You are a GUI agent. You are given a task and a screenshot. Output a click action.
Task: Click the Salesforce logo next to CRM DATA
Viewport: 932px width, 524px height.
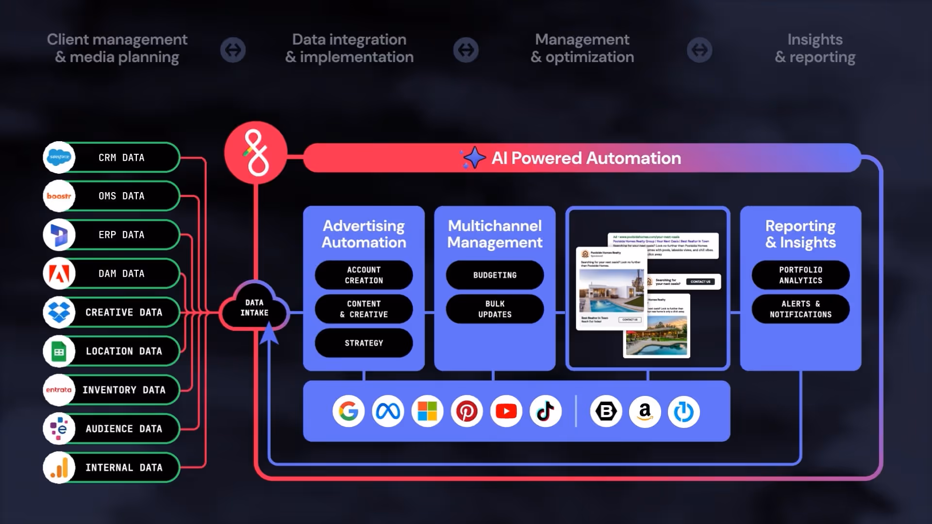(59, 157)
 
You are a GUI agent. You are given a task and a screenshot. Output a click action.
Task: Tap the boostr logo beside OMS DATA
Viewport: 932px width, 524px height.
(59, 196)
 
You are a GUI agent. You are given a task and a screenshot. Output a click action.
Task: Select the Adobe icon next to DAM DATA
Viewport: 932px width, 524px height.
(59, 274)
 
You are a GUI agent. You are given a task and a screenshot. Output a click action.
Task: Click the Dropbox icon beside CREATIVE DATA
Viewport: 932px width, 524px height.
(59, 312)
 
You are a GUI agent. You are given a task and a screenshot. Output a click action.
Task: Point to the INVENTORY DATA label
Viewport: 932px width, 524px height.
(124, 390)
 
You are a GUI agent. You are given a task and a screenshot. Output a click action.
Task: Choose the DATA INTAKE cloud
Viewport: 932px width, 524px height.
(254, 308)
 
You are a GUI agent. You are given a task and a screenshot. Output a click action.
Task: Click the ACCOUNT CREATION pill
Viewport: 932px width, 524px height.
(364, 275)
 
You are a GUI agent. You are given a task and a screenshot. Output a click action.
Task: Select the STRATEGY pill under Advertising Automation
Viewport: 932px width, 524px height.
(364, 343)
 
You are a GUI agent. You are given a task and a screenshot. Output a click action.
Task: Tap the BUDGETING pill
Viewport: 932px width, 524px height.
(495, 275)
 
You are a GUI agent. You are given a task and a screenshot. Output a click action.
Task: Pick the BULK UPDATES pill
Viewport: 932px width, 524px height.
(495, 309)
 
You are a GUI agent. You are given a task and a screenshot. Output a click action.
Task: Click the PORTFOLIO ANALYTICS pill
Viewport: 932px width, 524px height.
(800, 275)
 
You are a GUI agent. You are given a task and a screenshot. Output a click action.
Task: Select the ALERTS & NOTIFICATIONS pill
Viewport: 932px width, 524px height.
(800, 309)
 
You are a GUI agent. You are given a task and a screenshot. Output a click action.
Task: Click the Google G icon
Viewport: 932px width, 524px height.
(349, 411)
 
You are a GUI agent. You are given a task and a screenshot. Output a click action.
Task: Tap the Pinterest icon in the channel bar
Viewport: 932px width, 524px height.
(466, 411)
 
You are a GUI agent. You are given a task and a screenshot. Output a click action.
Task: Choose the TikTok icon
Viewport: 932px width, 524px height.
(546, 411)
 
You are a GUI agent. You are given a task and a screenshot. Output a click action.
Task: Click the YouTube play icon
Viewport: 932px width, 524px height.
(506, 411)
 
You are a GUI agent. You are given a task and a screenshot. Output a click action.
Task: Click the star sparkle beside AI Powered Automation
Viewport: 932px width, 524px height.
(473, 158)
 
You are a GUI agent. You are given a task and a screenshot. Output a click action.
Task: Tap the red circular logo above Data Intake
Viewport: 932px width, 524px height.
(256, 152)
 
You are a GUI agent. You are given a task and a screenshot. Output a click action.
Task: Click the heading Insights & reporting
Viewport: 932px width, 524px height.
(815, 48)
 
